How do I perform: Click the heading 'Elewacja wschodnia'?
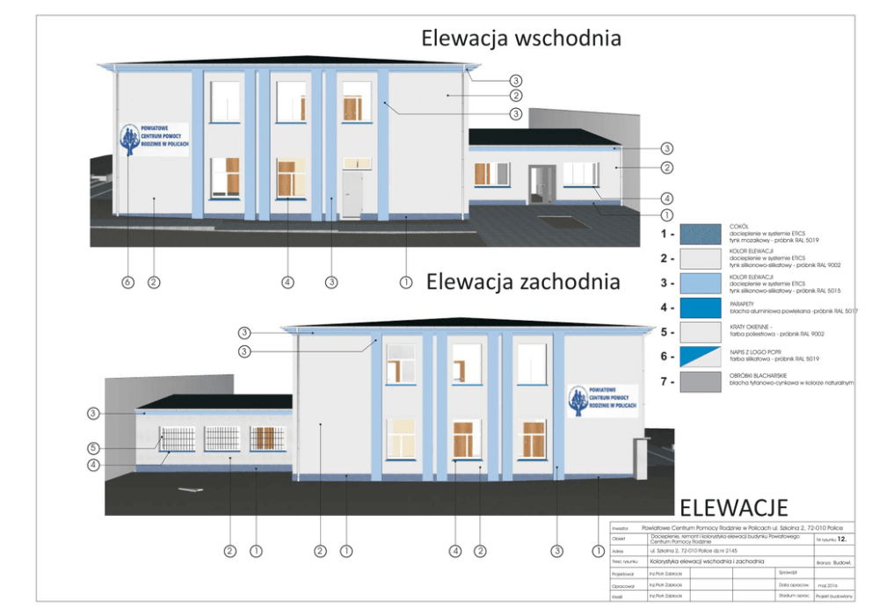(521, 39)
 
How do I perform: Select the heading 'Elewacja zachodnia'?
(523, 282)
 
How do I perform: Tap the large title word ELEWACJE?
(733, 507)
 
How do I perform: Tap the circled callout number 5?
(93, 446)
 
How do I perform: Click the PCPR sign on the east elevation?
(154, 139)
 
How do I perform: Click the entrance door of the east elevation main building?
(352, 194)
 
